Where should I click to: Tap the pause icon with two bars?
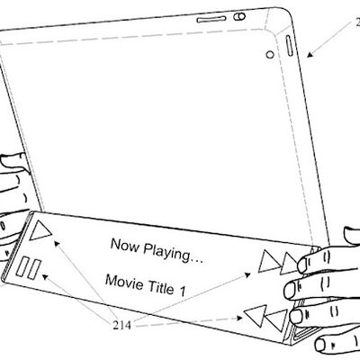click(x=28, y=266)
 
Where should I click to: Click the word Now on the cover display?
click(x=125, y=244)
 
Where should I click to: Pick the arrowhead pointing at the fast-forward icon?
click(x=252, y=272)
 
